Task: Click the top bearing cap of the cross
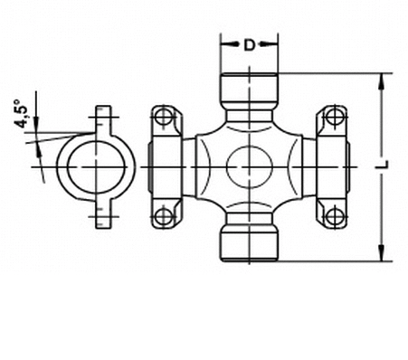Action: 249,88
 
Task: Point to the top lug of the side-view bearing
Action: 106,118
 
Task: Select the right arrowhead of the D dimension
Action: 274,43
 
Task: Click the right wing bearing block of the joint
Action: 330,166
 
